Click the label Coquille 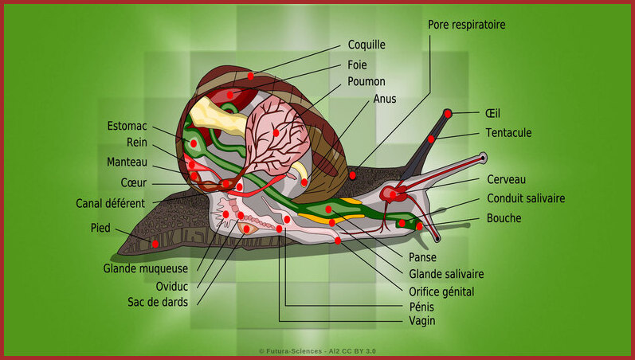366,45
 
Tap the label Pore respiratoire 467,25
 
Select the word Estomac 127,126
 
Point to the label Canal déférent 110,203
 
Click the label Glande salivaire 446,274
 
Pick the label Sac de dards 158,302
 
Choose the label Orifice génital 441,292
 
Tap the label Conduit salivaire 526,198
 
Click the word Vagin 422,321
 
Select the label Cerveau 506,179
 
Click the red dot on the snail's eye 448,114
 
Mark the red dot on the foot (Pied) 155,244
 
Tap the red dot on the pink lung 276,133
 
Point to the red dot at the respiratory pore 352,176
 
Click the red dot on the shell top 251,76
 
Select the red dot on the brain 393,195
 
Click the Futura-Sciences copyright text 317,351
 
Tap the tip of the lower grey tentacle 437,240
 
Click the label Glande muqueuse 145,268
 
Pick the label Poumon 366,81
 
